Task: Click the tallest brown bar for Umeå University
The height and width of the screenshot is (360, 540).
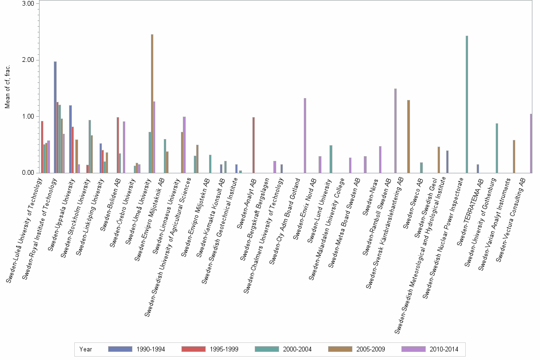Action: tap(152, 103)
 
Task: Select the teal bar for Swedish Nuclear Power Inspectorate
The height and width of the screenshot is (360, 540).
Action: tap(467, 104)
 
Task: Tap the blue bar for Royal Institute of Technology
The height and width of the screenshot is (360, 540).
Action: tap(55, 117)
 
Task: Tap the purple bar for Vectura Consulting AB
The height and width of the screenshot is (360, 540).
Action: tap(531, 143)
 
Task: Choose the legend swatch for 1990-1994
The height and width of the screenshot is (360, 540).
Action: tap(120, 350)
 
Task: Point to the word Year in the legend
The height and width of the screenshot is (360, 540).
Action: tap(86, 350)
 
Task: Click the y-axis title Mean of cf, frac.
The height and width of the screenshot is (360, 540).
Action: tap(8, 88)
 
